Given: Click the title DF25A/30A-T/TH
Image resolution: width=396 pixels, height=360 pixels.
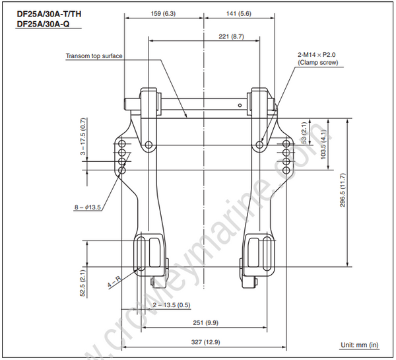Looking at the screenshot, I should pyautogui.click(x=45, y=14).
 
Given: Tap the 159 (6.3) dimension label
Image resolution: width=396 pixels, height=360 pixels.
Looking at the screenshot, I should pyautogui.click(x=164, y=12).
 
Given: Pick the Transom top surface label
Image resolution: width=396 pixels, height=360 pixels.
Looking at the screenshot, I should pyautogui.click(x=94, y=56).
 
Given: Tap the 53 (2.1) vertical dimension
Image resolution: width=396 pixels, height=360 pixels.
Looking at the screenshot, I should pyautogui.click(x=304, y=132).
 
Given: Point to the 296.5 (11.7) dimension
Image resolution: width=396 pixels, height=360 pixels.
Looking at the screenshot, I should pyautogui.click(x=342, y=192).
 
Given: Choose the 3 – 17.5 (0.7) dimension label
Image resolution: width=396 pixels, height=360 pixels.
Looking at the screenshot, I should pyautogui.click(x=83, y=139).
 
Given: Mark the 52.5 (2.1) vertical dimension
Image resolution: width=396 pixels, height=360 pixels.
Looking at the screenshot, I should pyautogui.click(x=83, y=282).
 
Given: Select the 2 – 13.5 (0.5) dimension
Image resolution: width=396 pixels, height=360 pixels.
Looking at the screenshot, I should pyautogui.click(x=172, y=305).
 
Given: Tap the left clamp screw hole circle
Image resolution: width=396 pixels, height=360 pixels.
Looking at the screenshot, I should pyautogui.click(x=150, y=144).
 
